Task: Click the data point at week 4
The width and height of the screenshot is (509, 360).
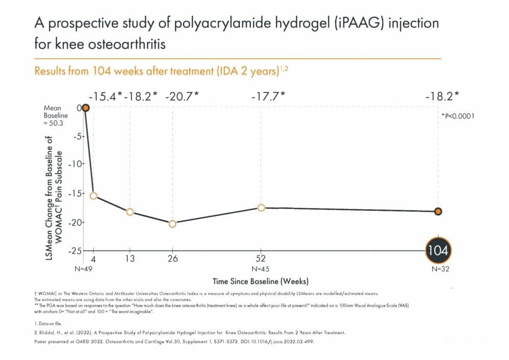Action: point(94,196)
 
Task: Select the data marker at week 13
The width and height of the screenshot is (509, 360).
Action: point(130,212)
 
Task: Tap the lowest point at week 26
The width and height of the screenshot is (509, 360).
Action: point(172,223)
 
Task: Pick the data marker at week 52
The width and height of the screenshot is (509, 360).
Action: point(261,208)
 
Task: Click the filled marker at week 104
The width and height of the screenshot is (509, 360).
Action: point(438,212)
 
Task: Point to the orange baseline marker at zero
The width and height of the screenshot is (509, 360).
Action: point(85,108)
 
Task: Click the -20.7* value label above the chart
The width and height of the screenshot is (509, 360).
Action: point(181,95)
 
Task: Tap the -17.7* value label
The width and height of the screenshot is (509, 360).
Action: point(268,95)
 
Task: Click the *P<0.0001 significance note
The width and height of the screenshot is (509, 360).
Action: point(457,116)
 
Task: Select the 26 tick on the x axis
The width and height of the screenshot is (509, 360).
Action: point(172,259)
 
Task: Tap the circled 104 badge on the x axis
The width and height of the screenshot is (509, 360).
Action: point(438,250)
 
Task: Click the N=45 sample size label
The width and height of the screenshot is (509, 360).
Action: point(261,269)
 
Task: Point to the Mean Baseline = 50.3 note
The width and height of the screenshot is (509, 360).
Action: point(55,116)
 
